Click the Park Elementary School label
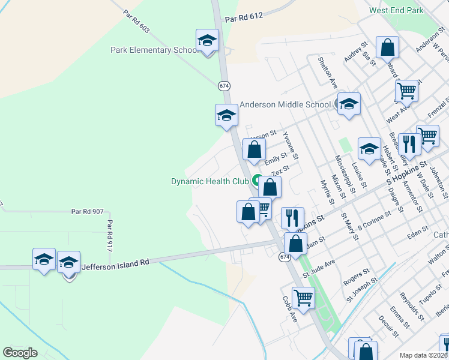(154, 50)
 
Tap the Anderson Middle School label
(285, 104)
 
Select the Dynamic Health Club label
(211, 181)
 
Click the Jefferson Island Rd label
(115, 263)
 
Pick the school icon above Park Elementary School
(207, 40)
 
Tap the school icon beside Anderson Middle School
(348, 104)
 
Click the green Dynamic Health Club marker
(257, 180)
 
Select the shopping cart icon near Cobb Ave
(303, 296)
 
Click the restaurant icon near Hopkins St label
(292, 218)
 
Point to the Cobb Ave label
(289, 309)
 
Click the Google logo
(20, 353)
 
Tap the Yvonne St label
(291, 145)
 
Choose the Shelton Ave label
(330, 74)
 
